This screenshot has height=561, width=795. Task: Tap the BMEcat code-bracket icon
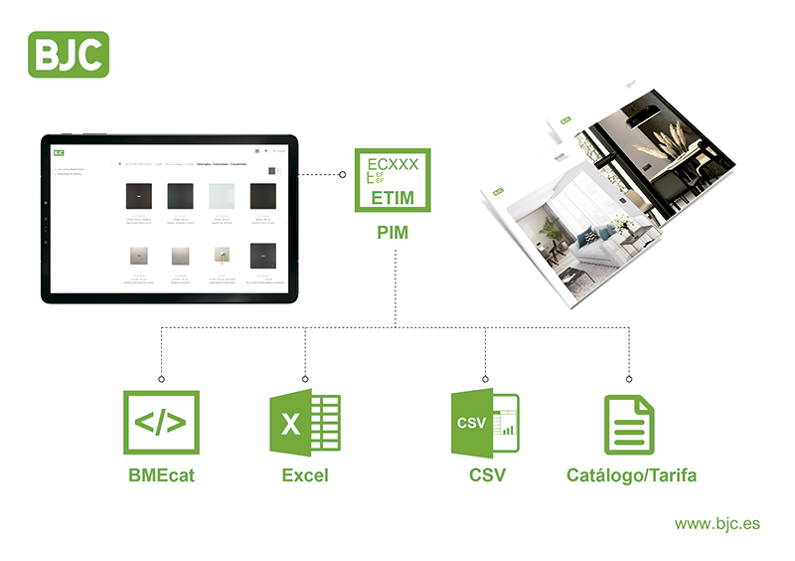[x=160, y=423]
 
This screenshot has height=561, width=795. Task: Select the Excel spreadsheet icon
[x=305, y=424]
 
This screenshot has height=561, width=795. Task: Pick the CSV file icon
[x=485, y=424]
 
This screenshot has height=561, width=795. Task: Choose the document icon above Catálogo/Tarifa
[x=630, y=425]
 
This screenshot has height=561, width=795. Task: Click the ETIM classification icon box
[x=395, y=179]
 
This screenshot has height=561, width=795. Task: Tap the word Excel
[x=305, y=475]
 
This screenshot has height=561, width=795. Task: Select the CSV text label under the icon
[x=487, y=475]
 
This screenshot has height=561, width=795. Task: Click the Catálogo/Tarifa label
[x=631, y=475]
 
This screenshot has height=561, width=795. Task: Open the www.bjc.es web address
[x=717, y=523]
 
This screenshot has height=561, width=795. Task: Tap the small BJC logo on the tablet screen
[x=60, y=152]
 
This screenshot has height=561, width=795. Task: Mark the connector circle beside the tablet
[x=342, y=175]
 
